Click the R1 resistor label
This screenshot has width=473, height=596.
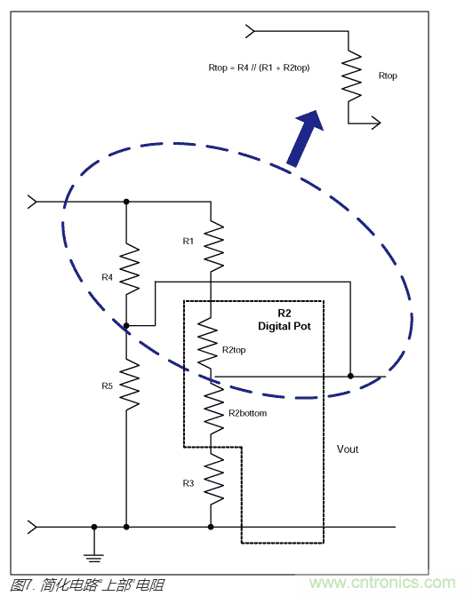coord(188,241)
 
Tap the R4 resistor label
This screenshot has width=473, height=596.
coord(107,277)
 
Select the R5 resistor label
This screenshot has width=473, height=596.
coord(107,385)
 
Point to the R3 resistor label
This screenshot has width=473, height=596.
coord(188,482)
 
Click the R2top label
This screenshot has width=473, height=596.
coord(236,350)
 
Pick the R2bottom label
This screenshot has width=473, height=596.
coord(247,413)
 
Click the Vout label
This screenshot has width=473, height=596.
coord(348,449)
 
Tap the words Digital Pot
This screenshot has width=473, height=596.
coord(285,326)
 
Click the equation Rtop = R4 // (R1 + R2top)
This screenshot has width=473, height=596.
coord(259,68)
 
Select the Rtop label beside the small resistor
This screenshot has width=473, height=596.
coord(388,76)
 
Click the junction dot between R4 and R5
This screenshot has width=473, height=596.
coord(127,326)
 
